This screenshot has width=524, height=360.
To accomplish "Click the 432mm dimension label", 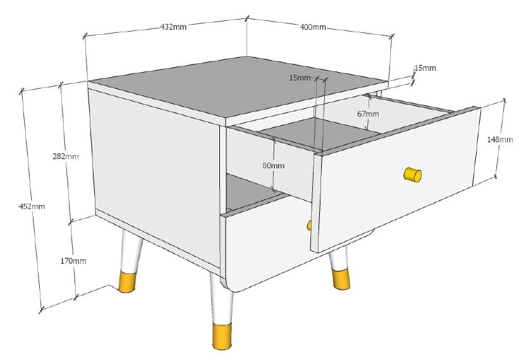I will click(173, 27).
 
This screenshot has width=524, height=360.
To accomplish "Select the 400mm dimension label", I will click(313, 27).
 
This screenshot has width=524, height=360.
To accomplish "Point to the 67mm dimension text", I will click(368, 114).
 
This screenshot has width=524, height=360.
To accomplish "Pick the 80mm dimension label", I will click(273, 165).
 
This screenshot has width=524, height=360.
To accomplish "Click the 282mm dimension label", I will click(65, 157).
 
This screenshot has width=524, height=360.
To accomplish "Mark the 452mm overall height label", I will click(32, 206).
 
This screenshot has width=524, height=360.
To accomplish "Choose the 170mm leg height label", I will click(74, 261).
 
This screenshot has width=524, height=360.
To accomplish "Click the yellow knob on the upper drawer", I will click(412, 175).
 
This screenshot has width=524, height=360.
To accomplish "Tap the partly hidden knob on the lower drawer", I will click(308, 225).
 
